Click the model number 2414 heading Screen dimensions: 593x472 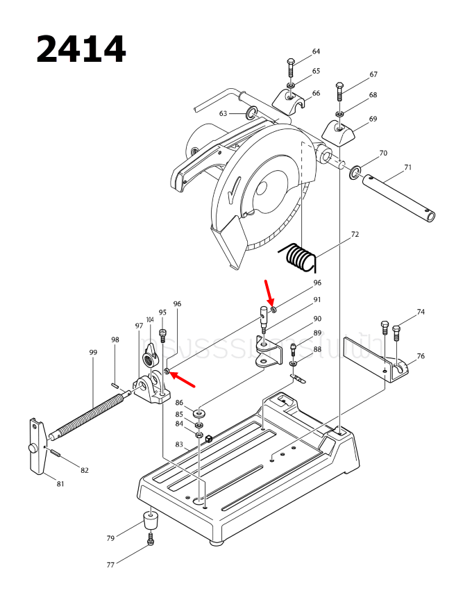(81, 49)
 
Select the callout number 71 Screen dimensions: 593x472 (408, 167)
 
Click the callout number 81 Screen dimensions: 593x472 (60, 483)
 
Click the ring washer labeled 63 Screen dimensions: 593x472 (251, 112)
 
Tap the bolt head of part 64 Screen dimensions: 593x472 (291, 65)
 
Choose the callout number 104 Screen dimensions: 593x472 (149, 319)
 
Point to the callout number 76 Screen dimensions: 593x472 (421, 356)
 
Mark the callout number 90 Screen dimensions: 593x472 (317, 319)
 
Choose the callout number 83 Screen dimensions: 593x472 (179, 444)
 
